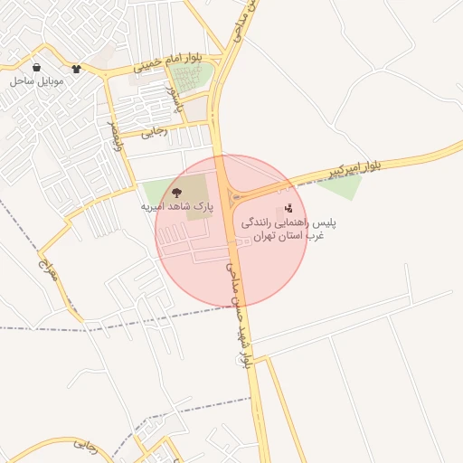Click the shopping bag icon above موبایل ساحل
(x=36, y=67)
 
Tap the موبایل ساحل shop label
(x=35, y=81)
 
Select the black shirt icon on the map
(x=76, y=67)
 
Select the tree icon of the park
(x=176, y=192)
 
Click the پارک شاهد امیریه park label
(x=176, y=207)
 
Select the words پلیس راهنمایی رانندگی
(x=284, y=221)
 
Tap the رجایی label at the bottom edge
(x=85, y=444)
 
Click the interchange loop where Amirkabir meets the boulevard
(x=237, y=196)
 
